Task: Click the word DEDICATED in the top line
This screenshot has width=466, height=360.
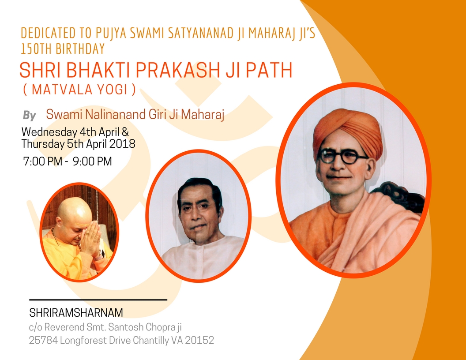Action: coord(48,33)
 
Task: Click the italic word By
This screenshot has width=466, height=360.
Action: coord(30,116)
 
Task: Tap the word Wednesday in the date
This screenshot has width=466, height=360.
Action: coord(49,132)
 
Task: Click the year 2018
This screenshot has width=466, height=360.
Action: coord(122,144)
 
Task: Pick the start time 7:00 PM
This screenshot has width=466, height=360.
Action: coord(43,161)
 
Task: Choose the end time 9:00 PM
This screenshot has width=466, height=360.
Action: coord(92,161)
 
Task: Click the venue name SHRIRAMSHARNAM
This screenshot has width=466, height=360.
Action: coord(76,312)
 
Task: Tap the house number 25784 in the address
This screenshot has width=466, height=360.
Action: coord(43,340)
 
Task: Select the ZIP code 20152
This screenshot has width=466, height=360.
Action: coord(199,340)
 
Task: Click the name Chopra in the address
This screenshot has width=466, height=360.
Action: coord(160,327)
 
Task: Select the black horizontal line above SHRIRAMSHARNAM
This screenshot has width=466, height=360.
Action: coord(98,300)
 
